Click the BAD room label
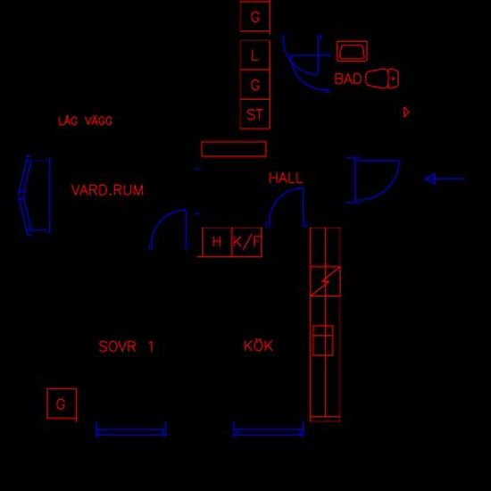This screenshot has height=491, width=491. click(x=347, y=79)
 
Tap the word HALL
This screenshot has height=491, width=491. click(x=286, y=178)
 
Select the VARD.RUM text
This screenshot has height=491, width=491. click(x=107, y=190)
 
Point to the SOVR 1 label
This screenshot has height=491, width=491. click(x=126, y=346)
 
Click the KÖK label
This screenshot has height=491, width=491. click(x=258, y=345)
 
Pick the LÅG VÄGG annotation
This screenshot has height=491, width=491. click(x=85, y=121)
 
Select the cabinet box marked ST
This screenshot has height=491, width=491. click(x=255, y=114)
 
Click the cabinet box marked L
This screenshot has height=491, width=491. click(x=255, y=55)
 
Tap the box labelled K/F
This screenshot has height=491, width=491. click(x=246, y=242)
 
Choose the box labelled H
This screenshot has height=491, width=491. click(x=217, y=242)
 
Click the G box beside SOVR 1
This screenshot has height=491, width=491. click(x=62, y=404)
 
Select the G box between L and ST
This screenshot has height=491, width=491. click(x=255, y=85)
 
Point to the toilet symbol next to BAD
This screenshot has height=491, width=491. click(x=382, y=79)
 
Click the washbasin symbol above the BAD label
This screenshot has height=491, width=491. click(x=352, y=51)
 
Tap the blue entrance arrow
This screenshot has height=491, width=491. click(x=445, y=179)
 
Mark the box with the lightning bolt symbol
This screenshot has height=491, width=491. click(x=325, y=281)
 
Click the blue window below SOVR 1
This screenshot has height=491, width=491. click(x=131, y=431)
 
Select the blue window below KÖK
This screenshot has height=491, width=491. click(x=268, y=431)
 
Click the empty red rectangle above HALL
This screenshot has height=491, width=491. click(x=234, y=149)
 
